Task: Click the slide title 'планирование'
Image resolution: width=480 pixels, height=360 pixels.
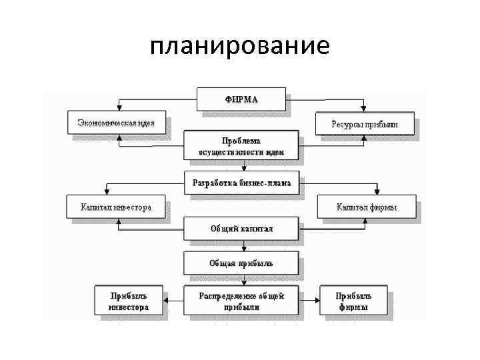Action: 240,45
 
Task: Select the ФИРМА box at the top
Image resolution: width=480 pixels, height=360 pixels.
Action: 241,99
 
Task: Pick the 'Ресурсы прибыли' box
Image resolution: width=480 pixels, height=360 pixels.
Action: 364,124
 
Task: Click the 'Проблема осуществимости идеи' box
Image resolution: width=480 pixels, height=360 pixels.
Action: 241,146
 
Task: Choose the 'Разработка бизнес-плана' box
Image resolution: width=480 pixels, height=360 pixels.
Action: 241,183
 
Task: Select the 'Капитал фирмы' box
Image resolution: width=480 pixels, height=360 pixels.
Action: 366,207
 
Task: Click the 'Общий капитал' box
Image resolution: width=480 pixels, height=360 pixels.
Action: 241,229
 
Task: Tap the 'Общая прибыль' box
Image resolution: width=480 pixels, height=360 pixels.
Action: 241,263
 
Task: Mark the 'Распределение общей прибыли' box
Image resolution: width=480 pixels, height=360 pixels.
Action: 241,301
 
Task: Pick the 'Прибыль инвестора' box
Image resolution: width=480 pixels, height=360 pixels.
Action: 128,301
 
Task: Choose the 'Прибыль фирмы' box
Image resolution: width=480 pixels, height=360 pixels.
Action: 353,301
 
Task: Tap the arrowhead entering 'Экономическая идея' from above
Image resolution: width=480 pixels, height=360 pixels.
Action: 119,109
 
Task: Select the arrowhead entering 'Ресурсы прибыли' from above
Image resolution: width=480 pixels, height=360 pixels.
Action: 363,109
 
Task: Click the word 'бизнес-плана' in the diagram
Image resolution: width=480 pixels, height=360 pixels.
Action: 266,183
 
